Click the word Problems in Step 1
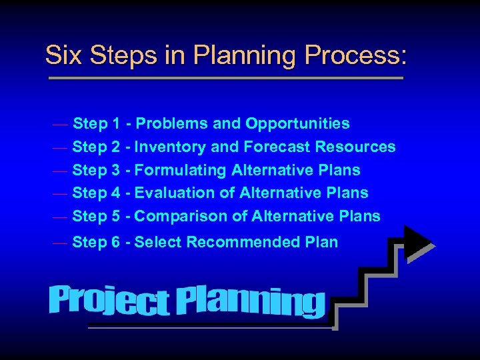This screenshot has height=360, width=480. tap(171, 123)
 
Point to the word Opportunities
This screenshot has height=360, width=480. tap(297, 123)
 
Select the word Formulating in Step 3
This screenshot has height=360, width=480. tap(181, 170)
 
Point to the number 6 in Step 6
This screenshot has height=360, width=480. tap(116, 243)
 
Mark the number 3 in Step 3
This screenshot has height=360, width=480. tap(116, 170)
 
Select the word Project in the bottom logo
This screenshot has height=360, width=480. tap(109, 301)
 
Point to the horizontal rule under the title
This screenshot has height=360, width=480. tap(226, 78)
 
